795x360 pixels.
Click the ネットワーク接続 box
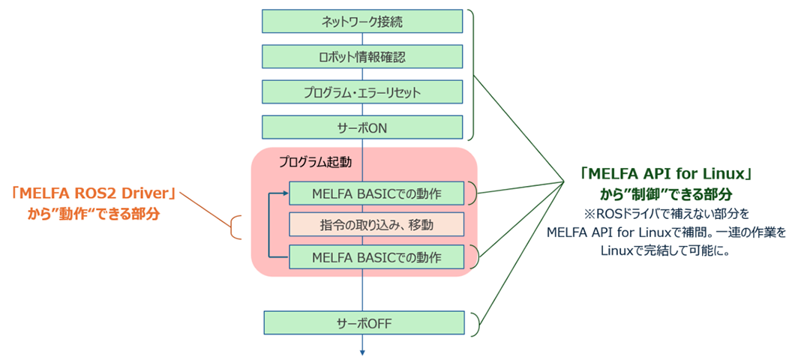(x=363, y=21)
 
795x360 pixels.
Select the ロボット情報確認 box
(x=363, y=56)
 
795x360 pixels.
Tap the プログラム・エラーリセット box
(x=363, y=92)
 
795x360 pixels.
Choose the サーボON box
(x=363, y=127)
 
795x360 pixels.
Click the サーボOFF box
(x=363, y=324)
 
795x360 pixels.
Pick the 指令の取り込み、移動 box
(x=376, y=224)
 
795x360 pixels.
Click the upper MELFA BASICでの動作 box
(x=376, y=193)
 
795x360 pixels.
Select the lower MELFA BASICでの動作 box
(x=376, y=257)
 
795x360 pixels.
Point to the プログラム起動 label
(x=315, y=161)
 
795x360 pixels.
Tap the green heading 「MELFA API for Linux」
(x=666, y=175)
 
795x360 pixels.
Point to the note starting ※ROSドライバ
(x=666, y=214)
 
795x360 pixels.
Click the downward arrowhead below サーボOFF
(x=363, y=350)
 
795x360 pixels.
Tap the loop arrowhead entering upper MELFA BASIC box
(x=285, y=193)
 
